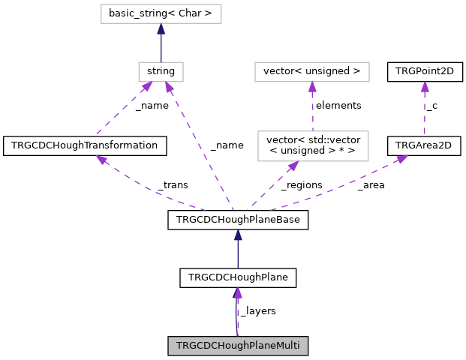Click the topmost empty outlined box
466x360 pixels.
(161, 13)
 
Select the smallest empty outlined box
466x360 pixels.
(161, 72)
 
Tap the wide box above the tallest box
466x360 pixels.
(311, 72)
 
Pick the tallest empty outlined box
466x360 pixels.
(313, 146)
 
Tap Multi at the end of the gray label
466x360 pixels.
(287, 346)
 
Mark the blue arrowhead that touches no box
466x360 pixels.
(238, 235)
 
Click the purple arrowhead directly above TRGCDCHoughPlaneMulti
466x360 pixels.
(238, 292)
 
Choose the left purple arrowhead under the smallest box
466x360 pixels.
(148, 86)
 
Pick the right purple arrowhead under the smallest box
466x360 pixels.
(169, 87)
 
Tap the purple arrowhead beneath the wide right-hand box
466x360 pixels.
(312, 87)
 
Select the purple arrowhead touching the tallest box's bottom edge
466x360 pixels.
(293, 166)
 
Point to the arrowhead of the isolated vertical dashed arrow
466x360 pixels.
(425, 87)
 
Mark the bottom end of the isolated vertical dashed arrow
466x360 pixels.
(425, 135)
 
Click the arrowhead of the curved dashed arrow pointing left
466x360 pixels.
(101, 160)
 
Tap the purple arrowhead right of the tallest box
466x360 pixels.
(402, 159)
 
